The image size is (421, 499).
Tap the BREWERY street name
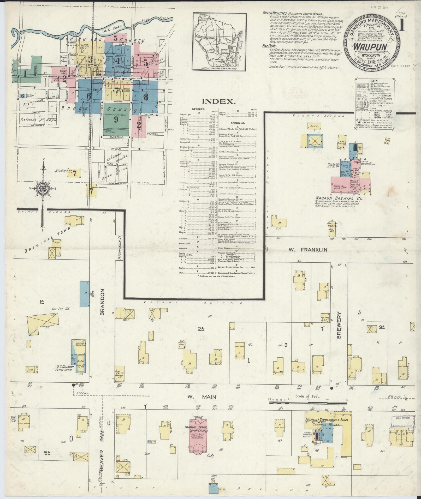pos(339,325)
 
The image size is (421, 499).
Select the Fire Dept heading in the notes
pos(269,46)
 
